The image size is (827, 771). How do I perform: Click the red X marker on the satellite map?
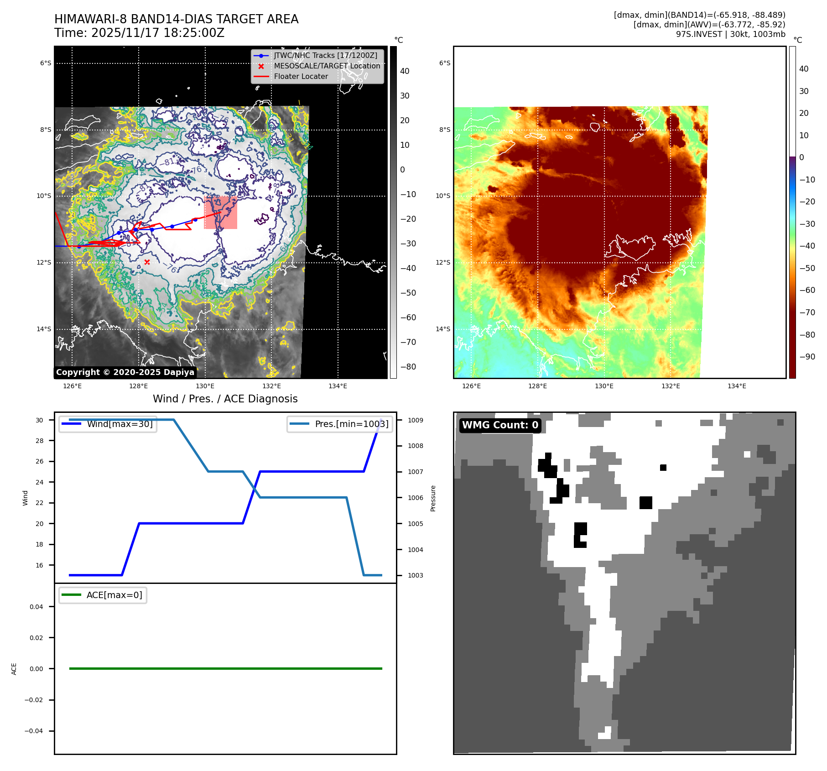pyautogui.click(x=147, y=262)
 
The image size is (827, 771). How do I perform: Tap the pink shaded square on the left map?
pyautogui.click(x=220, y=213)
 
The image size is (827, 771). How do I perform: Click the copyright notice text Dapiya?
pyautogui.click(x=125, y=372)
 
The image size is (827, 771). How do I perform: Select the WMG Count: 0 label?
pyautogui.click(x=500, y=425)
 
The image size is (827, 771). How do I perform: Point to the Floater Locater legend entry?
pyautogui.click(x=301, y=77)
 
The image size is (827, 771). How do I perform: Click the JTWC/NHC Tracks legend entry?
pyautogui.click(x=325, y=55)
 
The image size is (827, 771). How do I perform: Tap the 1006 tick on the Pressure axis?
pyautogui.click(x=415, y=498)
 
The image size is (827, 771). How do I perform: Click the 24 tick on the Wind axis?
pyautogui.click(x=40, y=482)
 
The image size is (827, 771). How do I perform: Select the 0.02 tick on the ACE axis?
pyautogui.click(x=36, y=638)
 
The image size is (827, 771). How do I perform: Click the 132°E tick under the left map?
pyautogui.click(x=271, y=386)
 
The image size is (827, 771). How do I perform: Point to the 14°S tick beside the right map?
pyautogui.click(x=442, y=329)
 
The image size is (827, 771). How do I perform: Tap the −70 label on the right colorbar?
pyautogui.click(x=807, y=313)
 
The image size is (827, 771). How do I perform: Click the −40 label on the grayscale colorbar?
pyautogui.click(x=408, y=268)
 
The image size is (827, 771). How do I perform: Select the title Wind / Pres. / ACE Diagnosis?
pyautogui.click(x=225, y=399)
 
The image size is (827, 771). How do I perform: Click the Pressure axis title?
pyautogui.click(x=433, y=498)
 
